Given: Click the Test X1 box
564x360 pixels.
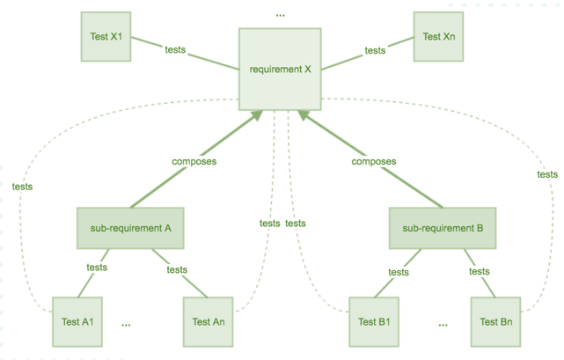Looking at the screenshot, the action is (106, 36).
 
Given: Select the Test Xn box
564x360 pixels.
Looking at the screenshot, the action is (438, 36).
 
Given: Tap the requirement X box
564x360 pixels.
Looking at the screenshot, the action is (280, 70).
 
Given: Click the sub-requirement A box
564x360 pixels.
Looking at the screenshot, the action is (130, 228).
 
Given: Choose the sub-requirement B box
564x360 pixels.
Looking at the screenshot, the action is (443, 228).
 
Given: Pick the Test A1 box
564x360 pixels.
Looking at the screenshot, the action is (77, 322).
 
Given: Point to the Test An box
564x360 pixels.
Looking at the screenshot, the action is (209, 322).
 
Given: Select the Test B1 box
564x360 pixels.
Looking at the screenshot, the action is (374, 322).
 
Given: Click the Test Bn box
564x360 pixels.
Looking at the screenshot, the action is (495, 322).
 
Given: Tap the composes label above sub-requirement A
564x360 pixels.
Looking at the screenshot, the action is (194, 161).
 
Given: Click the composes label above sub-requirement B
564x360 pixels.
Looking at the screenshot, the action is (374, 161).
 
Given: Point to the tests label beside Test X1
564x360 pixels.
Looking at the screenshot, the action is (175, 49).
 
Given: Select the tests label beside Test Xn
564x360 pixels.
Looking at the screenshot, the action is (375, 50).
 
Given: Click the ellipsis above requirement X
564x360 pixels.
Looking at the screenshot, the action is (280, 16).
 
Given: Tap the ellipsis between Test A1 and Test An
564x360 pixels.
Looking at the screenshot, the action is (126, 325).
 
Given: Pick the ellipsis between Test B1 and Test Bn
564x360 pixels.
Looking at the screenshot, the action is (443, 325).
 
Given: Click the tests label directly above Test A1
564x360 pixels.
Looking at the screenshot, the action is (97, 267).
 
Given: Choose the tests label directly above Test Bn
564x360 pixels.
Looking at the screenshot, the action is (480, 271).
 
